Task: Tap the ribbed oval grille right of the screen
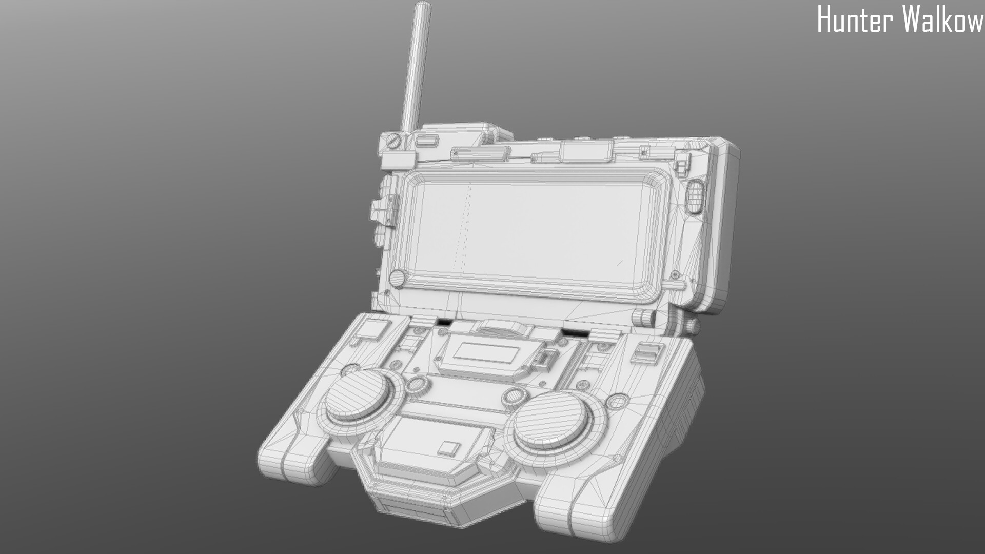pos(694,195)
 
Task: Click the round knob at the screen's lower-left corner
pos(397,279)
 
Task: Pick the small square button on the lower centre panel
pos(448,448)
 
